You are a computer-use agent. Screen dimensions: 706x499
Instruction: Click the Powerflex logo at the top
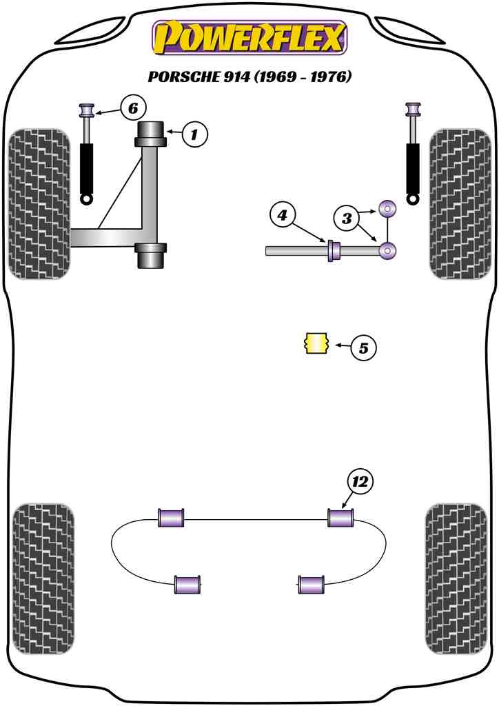(x=250, y=38)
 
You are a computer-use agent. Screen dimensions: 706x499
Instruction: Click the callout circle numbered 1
(x=194, y=134)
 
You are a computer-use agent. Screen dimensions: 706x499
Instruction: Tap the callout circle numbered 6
(x=133, y=108)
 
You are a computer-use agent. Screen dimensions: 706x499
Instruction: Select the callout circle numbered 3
(x=347, y=219)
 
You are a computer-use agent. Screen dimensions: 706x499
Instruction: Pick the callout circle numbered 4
(x=283, y=216)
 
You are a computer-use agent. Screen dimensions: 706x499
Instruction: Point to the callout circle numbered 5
(x=363, y=348)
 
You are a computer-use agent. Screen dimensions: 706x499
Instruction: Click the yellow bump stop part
(x=316, y=343)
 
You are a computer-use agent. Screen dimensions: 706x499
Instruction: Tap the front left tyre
(x=39, y=204)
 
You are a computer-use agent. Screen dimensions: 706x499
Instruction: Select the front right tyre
(x=460, y=204)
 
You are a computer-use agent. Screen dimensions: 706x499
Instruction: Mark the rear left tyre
(x=43, y=578)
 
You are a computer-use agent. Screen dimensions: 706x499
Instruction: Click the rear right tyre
(x=457, y=578)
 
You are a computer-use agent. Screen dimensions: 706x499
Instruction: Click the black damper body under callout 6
(x=88, y=168)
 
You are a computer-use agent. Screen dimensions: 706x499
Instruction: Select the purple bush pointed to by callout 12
(x=340, y=517)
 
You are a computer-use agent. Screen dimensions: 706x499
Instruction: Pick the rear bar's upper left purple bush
(x=172, y=517)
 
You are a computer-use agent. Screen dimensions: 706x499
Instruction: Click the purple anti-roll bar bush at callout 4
(x=334, y=251)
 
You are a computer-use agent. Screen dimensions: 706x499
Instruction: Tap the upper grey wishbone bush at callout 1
(x=152, y=134)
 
